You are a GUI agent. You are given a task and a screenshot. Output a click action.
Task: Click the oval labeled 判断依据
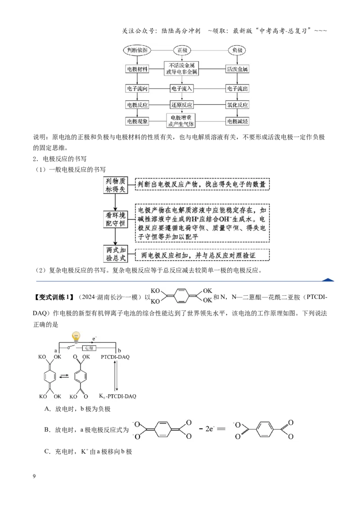point(137,50)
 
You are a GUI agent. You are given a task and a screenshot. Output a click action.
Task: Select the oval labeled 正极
point(182,50)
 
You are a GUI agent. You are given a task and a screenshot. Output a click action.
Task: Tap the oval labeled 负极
point(237,50)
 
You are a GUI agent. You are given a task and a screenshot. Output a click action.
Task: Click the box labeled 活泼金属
point(237,69)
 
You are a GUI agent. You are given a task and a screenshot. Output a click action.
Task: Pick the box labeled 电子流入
point(182,88)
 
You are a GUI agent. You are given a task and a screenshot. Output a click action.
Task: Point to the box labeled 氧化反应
point(237,105)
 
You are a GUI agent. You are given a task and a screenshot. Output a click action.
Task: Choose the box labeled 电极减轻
point(237,121)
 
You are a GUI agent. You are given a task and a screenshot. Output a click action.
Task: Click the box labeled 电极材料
point(137,69)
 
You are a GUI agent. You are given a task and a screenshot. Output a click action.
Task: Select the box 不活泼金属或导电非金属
point(181,68)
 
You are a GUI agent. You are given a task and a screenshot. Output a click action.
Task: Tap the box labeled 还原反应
point(182,105)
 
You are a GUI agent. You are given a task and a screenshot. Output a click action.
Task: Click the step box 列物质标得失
point(115,185)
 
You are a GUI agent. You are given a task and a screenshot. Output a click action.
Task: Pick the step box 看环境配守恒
point(115,219)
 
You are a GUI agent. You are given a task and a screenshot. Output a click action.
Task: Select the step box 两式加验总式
point(115,254)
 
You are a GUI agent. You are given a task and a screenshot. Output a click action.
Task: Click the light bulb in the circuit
point(76,337)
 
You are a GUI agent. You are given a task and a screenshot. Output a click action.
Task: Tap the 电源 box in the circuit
point(89,348)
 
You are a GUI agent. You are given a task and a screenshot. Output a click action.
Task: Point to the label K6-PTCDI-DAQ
point(117,396)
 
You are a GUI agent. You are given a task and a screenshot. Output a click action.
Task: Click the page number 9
point(34,476)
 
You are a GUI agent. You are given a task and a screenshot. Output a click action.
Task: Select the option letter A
point(47,409)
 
